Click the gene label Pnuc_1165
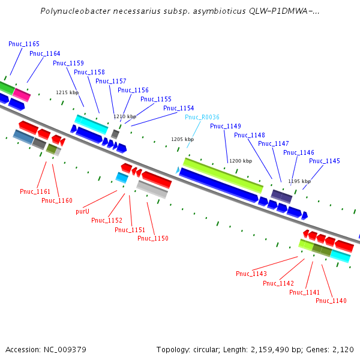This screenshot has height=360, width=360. click(x=24, y=44)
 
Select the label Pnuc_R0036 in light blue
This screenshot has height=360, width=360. click(x=202, y=118)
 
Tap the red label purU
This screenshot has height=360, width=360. click(x=82, y=212)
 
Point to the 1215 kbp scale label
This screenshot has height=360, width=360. click(x=67, y=93)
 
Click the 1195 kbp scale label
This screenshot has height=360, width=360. click(x=299, y=181)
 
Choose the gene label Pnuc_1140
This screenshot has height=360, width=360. click(x=331, y=301)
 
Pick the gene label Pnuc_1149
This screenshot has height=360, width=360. click(x=226, y=127)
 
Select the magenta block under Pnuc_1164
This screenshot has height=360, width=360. click(x=22, y=95)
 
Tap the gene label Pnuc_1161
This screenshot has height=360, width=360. click(x=35, y=192)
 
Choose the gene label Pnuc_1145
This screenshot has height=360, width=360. click(x=325, y=161)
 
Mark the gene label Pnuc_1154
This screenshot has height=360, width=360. click(x=179, y=109)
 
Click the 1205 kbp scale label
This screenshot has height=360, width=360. click(x=182, y=139)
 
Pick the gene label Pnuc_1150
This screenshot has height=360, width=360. click(x=153, y=239)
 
